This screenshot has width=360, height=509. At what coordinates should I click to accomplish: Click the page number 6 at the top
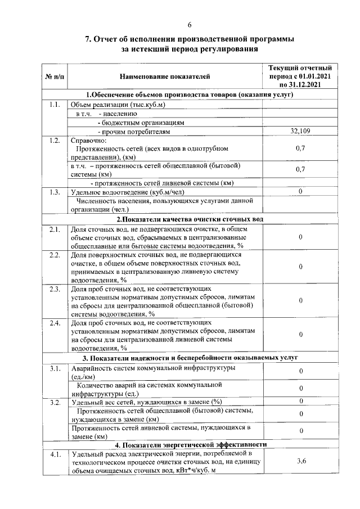pyautogui.click(x=190, y=24)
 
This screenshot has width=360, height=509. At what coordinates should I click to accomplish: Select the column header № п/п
pyautogui.click(x=54, y=76)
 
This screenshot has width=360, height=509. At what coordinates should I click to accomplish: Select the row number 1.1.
pyautogui.click(x=54, y=105)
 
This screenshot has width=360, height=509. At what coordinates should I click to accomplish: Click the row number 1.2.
pyautogui.click(x=54, y=140)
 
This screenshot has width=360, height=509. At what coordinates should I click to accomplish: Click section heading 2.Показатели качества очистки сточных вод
pyautogui.click(x=190, y=219)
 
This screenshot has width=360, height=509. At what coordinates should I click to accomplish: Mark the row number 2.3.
pyautogui.click(x=54, y=289)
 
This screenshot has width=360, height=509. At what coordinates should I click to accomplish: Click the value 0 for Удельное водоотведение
pyautogui.click(x=301, y=192)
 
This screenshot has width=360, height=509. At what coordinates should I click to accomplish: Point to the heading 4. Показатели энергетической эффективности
pyautogui.click(x=190, y=444)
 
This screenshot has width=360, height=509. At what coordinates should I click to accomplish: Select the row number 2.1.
pyautogui.click(x=54, y=228)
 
